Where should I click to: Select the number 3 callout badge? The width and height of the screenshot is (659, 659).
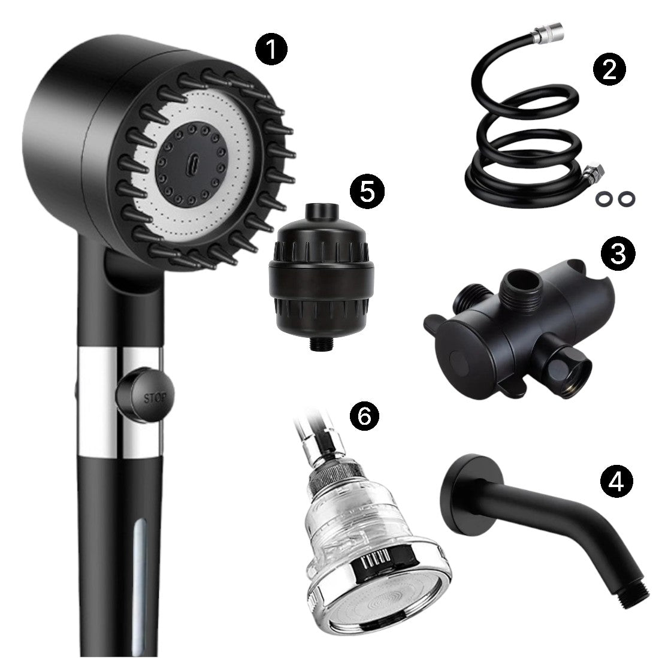[618, 254]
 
